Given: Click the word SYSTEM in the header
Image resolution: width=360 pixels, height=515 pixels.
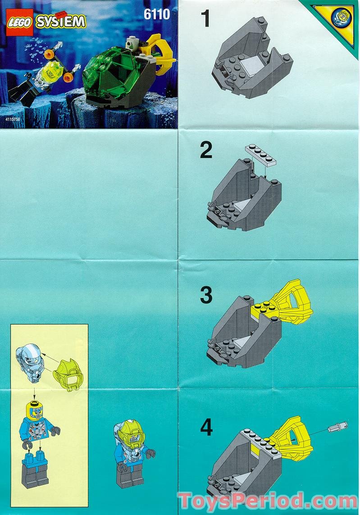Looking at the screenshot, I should (60, 21).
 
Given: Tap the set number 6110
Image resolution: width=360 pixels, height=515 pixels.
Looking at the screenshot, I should (157, 14).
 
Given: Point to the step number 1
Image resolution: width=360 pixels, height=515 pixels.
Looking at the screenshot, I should (205, 20).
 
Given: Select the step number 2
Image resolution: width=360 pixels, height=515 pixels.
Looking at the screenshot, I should (206, 150).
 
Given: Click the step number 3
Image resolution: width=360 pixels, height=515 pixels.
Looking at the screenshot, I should (206, 296).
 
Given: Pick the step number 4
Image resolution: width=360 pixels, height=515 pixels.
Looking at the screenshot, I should (206, 428).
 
